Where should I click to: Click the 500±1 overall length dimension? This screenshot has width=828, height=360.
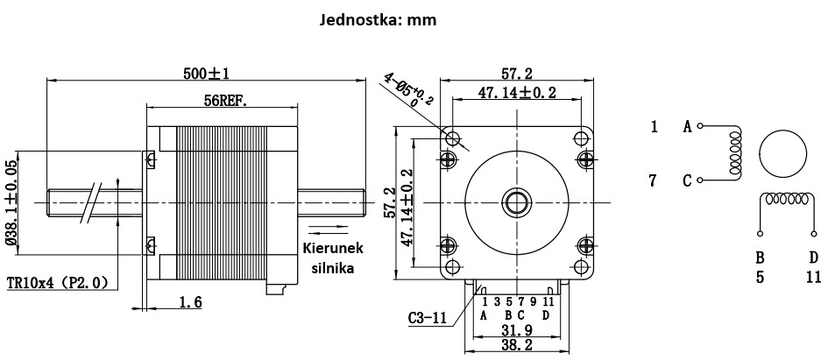click(x=207, y=74)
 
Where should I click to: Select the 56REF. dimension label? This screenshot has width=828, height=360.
click(x=225, y=101)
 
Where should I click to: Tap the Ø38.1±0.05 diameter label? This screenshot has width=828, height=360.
click(x=11, y=203)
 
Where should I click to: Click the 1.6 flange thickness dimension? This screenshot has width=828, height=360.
click(x=191, y=302)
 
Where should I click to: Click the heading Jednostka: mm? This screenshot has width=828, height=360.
click(x=379, y=21)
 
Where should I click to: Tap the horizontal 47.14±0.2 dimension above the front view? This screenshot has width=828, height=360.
click(x=517, y=92)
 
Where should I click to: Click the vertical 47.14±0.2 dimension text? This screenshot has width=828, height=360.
click(x=407, y=208)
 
